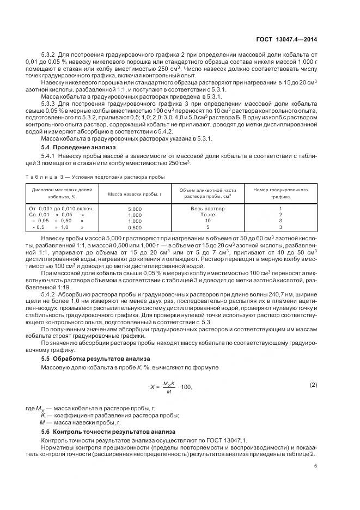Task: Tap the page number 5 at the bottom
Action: coord(315,465)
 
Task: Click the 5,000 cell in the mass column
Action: coord(134,209)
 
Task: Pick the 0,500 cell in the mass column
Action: coord(134,227)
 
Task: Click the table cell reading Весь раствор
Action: coord(208,209)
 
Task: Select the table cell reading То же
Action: coord(208,215)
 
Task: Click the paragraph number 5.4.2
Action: coord(50,294)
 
